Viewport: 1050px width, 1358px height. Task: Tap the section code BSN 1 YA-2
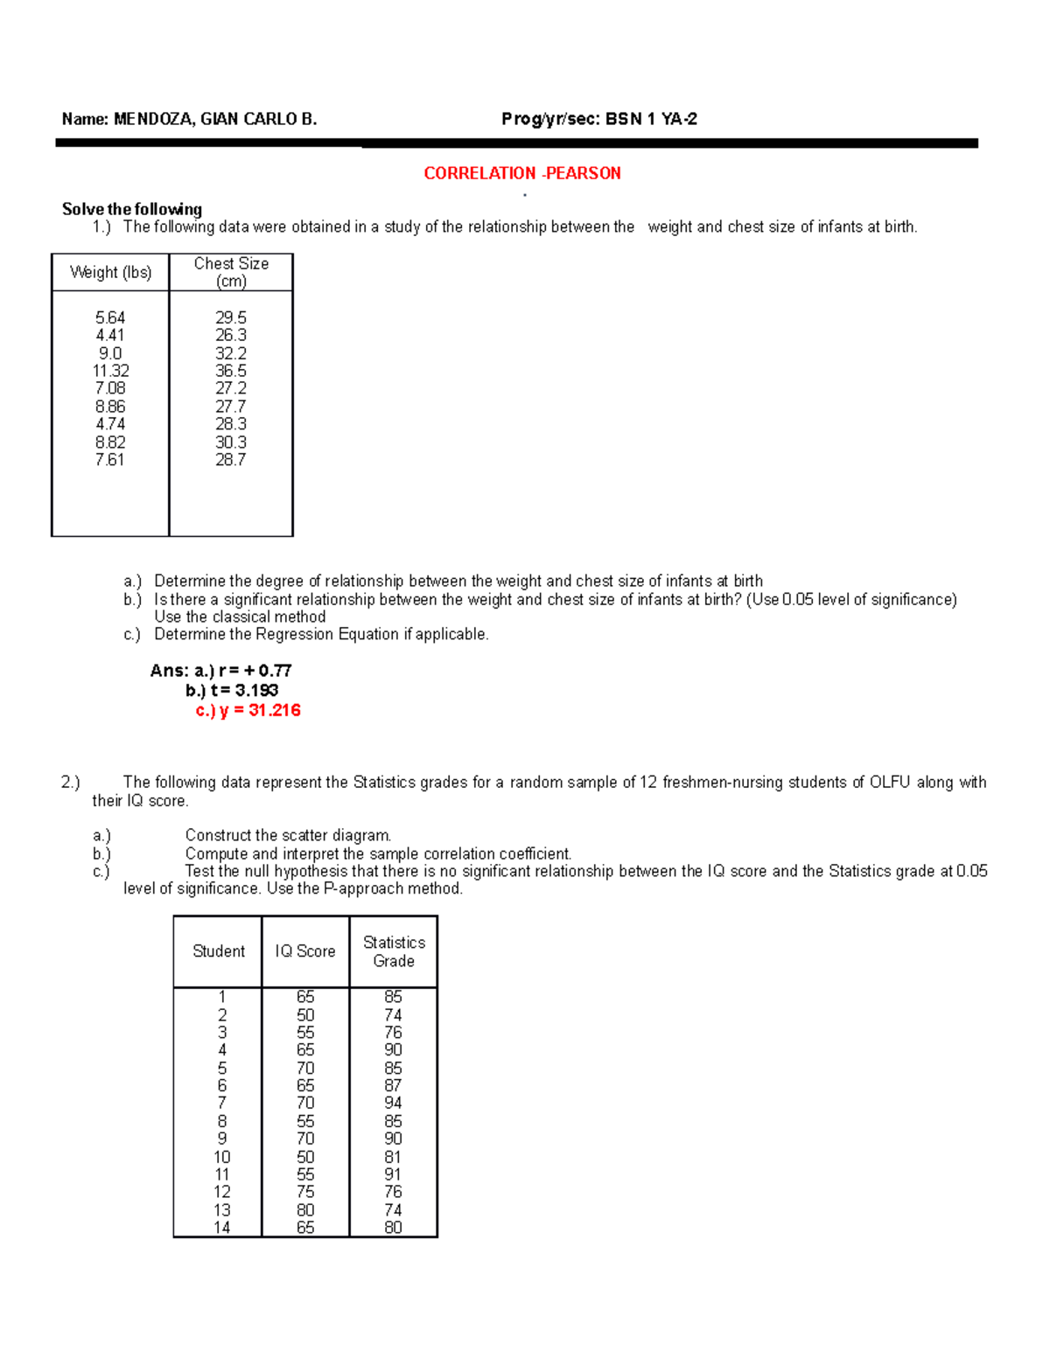[x=651, y=120]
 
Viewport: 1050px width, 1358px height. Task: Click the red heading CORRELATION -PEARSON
[x=522, y=173]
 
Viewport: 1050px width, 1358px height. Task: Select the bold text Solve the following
[x=132, y=209]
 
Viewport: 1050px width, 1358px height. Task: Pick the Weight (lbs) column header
[x=110, y=272]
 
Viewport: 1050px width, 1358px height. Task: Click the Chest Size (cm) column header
[x=231, y=272]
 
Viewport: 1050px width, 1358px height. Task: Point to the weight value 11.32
[x=110, y=371]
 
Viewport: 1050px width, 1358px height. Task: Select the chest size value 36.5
[x=231, y=371]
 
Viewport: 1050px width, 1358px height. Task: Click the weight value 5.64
[x=110, y=317]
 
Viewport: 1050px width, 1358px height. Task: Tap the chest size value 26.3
[x=231, y=335]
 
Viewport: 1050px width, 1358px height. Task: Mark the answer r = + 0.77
[x=255, y=671]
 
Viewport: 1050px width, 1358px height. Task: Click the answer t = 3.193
[x=244, y=690]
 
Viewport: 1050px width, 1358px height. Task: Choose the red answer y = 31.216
[x=260, y=710]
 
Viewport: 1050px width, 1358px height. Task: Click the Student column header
[x=219, y=951]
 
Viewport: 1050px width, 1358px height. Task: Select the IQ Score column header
[x=305, y=951]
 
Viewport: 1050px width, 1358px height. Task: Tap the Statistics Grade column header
[x=394, y=951]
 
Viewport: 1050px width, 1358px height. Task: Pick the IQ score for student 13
[x=305, y=1210]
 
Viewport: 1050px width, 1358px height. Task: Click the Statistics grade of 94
[x=394, y=1103]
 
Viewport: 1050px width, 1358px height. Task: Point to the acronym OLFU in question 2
[x=890, y=783]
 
